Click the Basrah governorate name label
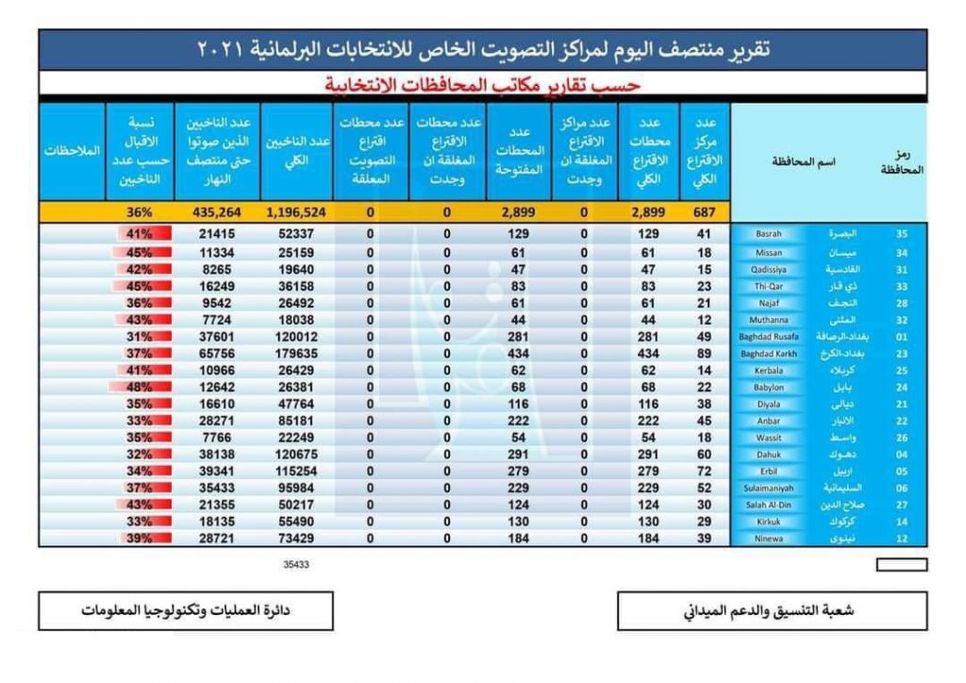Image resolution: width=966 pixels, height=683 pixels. tap(769, 233)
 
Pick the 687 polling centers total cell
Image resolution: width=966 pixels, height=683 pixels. tap(703, 213)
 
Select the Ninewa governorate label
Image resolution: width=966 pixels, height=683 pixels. tap(769, 540)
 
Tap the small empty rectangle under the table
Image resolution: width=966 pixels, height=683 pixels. tap(901, 565)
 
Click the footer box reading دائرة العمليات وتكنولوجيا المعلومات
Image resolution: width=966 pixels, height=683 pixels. tap(186, 611)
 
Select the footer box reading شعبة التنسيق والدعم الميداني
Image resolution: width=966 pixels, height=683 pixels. tap(772, 611)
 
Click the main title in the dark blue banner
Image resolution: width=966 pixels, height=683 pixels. tap(483, 49)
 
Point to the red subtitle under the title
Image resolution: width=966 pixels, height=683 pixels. tap(483, 86)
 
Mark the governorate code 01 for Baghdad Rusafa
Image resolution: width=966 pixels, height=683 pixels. tap(904, 337)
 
